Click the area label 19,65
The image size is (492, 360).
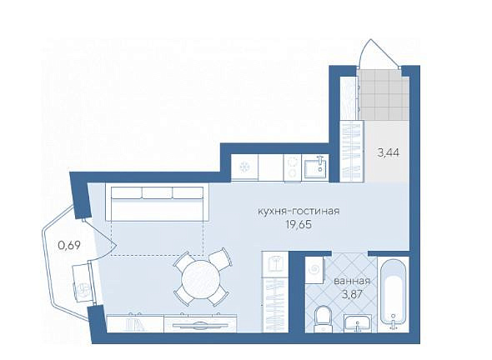click(x=299, y=224)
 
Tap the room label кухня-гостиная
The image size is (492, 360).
click(x=299, y=211)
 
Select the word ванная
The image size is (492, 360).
click(x=352, y=281)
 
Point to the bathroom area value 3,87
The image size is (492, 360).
click(x=352, y=294)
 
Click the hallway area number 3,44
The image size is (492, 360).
click(x=389, y=152)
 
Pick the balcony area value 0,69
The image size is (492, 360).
click(x=69, y=245)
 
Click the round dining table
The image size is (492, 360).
click(x=201, y=277)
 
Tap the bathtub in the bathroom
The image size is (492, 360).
click(x=393, y=295)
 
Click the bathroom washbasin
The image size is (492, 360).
click(x=358, y=323)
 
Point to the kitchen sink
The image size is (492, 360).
click(x=314, y=167)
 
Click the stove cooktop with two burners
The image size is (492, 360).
click(x=293, y=167)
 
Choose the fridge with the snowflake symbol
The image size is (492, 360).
click(x=244, y=167)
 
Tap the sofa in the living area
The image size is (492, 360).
click(x=157, y=202)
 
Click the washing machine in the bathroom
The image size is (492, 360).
click(x=314, y=270)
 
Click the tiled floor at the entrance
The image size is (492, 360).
click(x=384, y=94)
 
